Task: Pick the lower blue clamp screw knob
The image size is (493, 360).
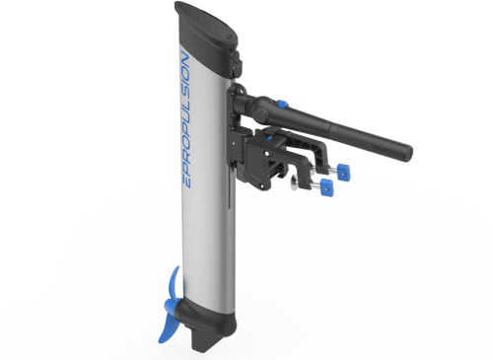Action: pos(324,187)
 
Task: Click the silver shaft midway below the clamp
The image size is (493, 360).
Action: pos(209,247)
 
